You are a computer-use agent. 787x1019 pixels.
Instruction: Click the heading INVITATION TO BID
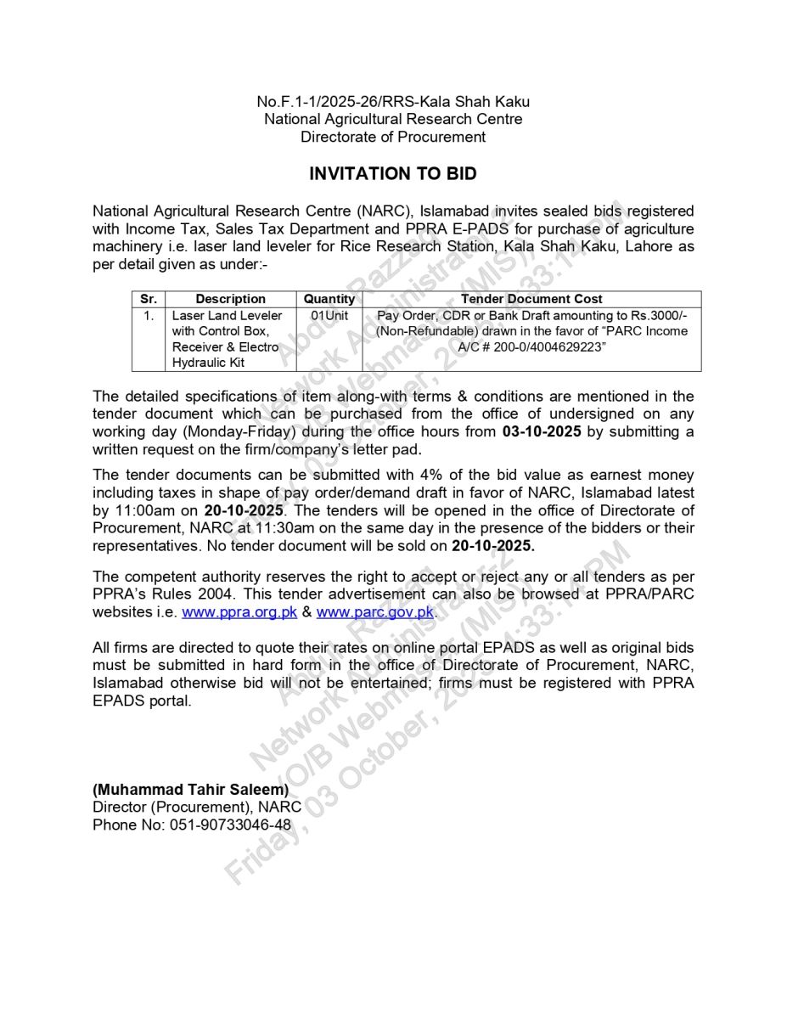point(392,174)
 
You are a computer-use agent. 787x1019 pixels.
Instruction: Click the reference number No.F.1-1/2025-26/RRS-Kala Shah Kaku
point(393,102)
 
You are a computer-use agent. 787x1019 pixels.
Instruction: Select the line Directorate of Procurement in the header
point(393,137)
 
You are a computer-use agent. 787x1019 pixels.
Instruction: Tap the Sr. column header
point(148,299)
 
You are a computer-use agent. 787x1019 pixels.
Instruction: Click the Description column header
point(230,299)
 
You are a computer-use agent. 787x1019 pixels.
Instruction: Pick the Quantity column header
point(329,299)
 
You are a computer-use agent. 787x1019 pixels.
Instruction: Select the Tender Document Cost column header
point(531,299)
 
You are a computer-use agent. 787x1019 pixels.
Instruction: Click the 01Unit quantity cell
point(329,316)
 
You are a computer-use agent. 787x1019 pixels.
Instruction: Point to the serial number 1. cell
point(149,316)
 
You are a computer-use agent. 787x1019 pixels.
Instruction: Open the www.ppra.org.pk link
point(239,611)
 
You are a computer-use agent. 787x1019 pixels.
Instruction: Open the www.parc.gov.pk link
point(375,611)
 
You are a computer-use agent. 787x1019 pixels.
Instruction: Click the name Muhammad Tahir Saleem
point(191,790)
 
